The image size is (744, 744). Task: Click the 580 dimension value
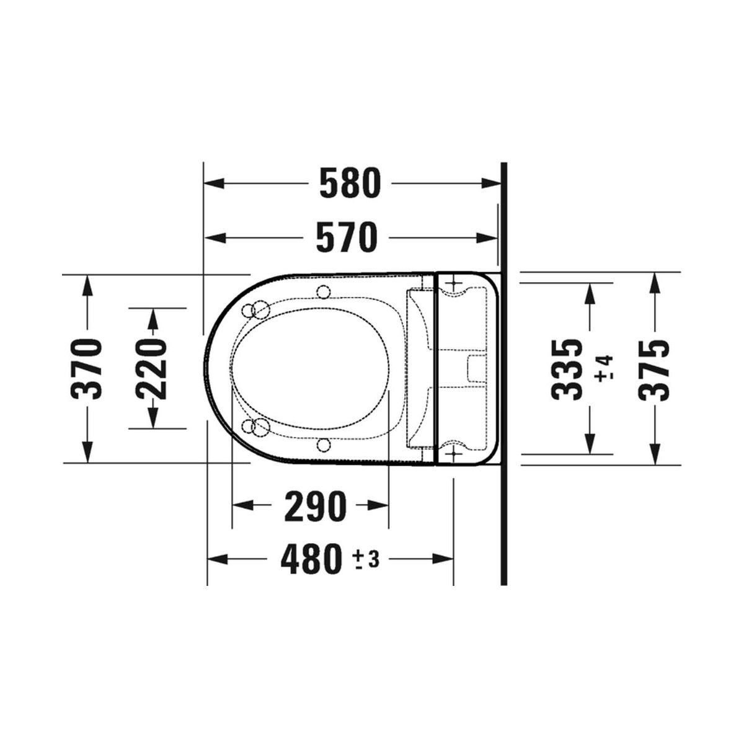[x=350, y=183]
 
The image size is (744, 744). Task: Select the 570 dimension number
[x=347, y=237]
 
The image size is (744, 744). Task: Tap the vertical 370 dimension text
[x=86, y=368]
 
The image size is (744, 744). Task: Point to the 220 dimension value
[x=152, y=369]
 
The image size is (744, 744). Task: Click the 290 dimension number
[x=316, y=506]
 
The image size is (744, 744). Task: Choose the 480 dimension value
[x=311, y=559]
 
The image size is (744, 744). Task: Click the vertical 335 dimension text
[x=567, y=370]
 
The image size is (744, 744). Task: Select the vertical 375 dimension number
[x=653, y=370]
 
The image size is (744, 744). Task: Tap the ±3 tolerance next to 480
[x=366, y=559]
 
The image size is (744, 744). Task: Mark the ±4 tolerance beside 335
[x=604, y=369]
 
